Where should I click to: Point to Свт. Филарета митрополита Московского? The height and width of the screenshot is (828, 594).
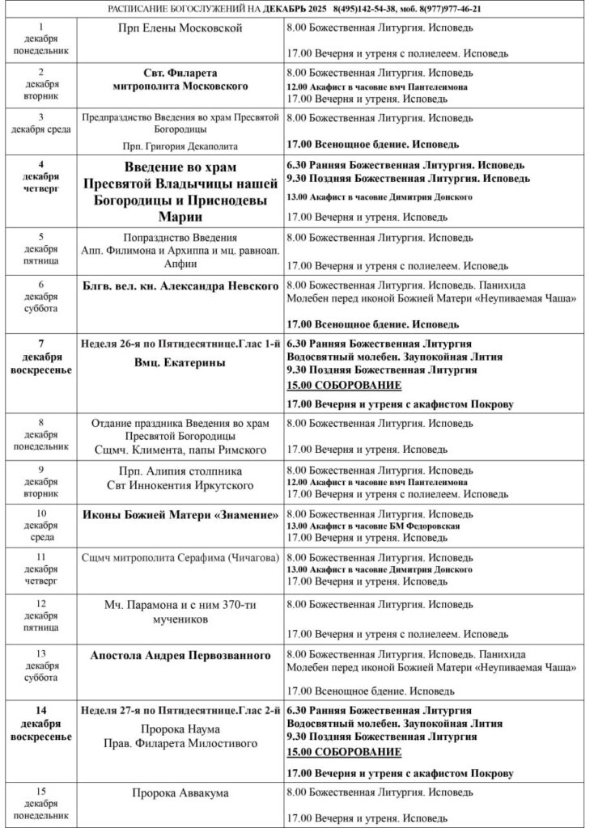pyautogui.click(x=180, y=79)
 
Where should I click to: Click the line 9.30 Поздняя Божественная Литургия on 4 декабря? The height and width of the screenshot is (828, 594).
pyautogui.click(x=409, y=178)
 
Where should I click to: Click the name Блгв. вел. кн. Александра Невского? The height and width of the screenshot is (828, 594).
pyautogui.click(x=180, y=285)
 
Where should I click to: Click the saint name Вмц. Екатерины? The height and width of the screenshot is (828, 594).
pyautogui.click(x=180, y=362)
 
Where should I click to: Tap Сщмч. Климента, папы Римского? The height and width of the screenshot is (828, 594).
pyautogui.click(x=180, y=447)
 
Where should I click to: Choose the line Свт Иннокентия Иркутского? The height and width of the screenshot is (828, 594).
pyautogui.click(x=180, y=485)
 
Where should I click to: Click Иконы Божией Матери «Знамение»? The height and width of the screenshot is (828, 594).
pyautogui.click(x=180, y=514)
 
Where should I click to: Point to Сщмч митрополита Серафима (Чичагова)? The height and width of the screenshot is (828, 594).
pyautogui.click(x=180, y=557)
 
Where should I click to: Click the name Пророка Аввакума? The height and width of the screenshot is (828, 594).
pyautogui.click(x=180, y=792)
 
